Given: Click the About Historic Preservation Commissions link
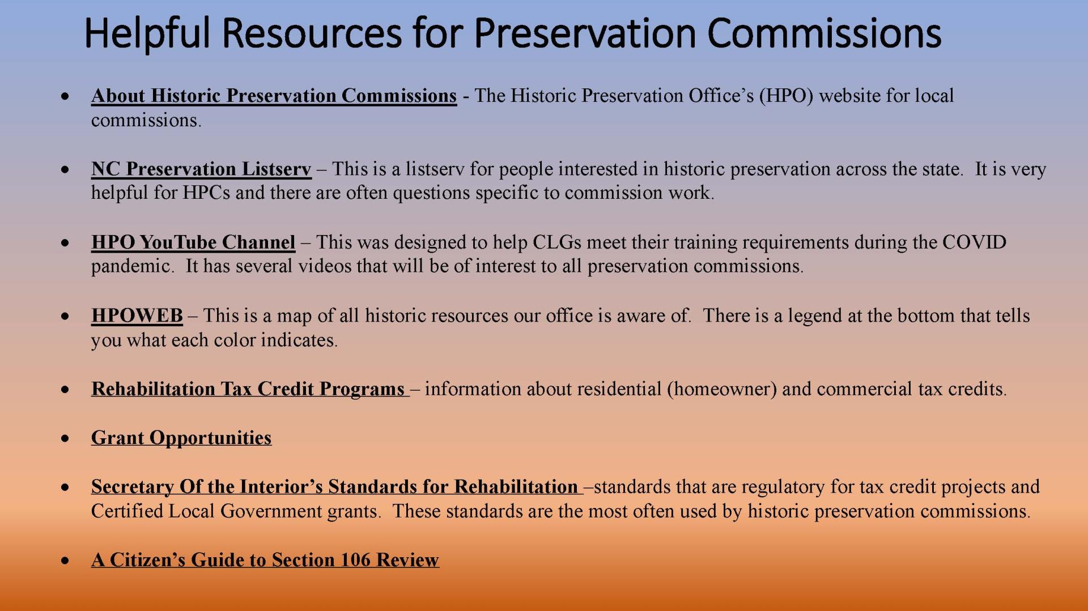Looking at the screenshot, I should coord(274,96).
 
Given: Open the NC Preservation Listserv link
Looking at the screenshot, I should coord(201,169).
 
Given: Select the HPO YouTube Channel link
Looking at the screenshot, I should coord(193,242).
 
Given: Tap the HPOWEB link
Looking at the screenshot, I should coord(137,315).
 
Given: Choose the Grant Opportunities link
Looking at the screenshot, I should coord(181,438).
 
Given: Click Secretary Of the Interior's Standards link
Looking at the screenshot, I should coord(334,487).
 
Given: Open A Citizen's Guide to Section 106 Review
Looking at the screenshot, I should coord(265,560).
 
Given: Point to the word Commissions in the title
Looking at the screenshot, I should coord(824,33).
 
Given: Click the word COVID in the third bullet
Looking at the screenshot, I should coord(974,242).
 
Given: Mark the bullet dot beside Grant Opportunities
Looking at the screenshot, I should coord(66,438).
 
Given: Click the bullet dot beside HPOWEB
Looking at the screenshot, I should coord(66,316).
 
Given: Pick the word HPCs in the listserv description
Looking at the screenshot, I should coord(206,193).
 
